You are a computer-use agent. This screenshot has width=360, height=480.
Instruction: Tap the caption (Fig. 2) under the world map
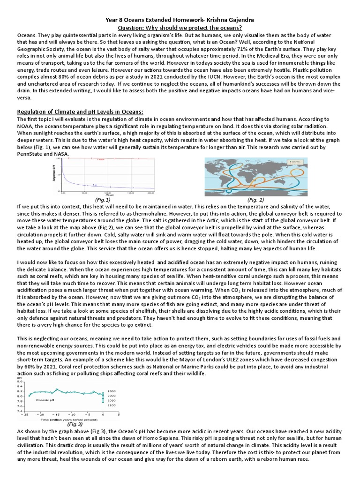coord(255,199)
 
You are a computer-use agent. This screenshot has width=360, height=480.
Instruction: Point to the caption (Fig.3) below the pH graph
coord(75,424)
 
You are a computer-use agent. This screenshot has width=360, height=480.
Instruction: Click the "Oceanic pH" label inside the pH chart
coord(45,400)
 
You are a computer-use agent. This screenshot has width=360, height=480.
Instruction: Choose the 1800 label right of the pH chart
coord(111,390)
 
